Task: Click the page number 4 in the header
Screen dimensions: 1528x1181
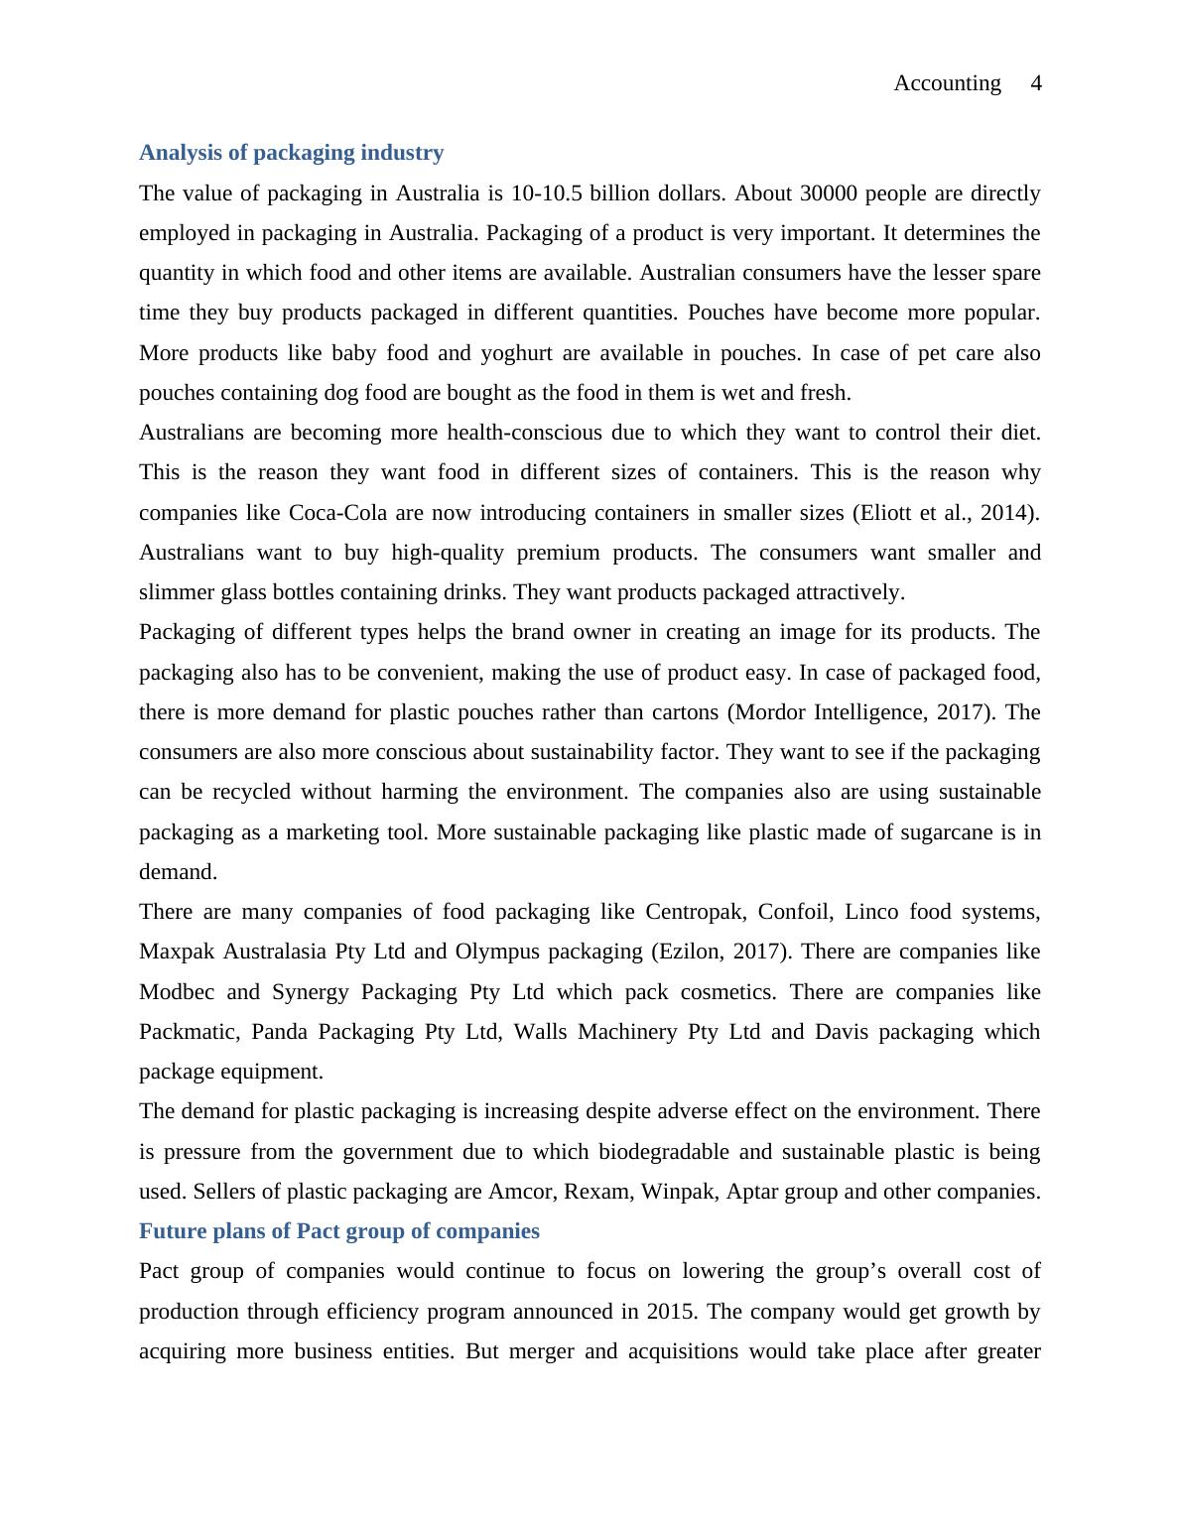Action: click(x=1036, y=83)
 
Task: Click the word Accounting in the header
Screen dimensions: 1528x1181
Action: click(x=947, y=83)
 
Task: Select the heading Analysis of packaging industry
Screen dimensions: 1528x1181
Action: click(x=291, y=153)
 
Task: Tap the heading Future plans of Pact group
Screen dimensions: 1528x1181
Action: click(x=338, y=1231)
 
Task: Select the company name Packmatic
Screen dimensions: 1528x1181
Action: click(x=188, y=1032)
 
